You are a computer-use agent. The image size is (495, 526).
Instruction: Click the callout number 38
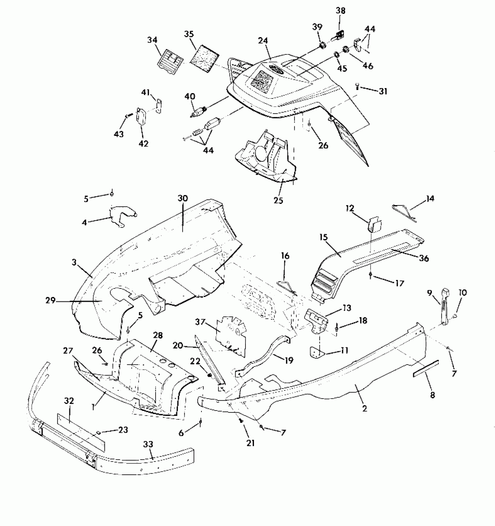(x=340, y=11)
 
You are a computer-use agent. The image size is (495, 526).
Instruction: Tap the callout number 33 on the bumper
(x=148, y=444)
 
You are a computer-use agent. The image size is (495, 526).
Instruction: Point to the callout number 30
(x=183, y=198)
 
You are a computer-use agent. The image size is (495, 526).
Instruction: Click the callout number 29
(x=50, y=300)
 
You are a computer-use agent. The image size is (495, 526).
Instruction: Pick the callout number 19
(x=289, y=360)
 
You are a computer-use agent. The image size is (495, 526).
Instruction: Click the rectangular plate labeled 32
(x=81, y=431)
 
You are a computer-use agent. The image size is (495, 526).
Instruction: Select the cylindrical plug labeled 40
(x=198, y=112)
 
